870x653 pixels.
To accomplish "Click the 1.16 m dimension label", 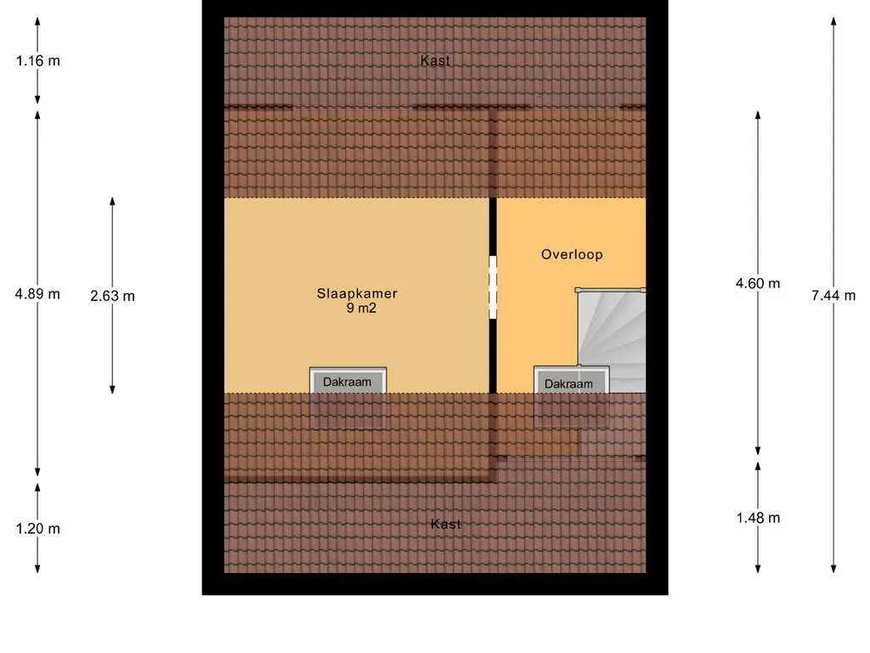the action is tap(37, 60).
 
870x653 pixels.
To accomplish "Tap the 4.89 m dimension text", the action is tap(37, 293).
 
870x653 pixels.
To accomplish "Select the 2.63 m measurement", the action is tap(113, 296).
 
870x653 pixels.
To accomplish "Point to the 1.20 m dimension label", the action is tap(37, 529).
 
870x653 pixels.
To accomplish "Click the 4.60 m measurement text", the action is tap(758, 284).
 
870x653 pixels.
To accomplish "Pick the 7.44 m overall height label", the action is tap(833, 295).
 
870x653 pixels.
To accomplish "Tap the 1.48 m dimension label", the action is tap(758, 518).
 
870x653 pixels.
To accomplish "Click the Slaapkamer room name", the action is tap(357, 293).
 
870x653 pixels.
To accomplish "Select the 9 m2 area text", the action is tap(361, 308).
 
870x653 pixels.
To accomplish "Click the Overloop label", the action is tap(572, 254).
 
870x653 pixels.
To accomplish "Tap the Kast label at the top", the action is tap(435, 60).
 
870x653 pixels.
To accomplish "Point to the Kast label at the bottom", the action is tap(445, 524).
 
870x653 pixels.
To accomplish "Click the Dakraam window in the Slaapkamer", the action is tap(347, 381).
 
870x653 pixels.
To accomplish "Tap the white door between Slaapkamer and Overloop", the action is tap(493, 287).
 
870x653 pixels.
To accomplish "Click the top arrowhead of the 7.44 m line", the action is tap(833, 21).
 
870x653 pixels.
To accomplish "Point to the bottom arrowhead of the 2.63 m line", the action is tap(112, 389).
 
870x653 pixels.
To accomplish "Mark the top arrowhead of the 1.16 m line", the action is tap(37, 21).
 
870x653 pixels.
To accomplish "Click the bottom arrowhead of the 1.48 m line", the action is tap(758, 569).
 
